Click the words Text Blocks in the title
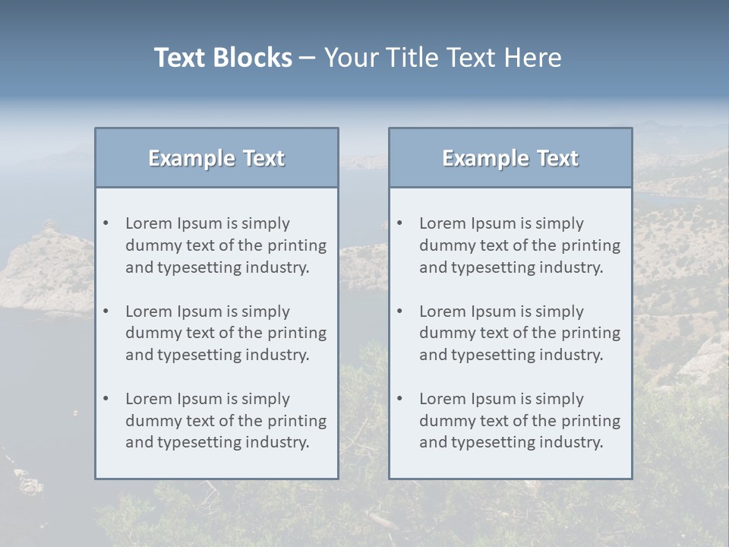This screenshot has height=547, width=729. [222, 58]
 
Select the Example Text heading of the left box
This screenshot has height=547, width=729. [216, 158]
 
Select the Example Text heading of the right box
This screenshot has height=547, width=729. [510, 158]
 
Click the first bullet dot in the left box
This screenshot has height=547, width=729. [106, 223]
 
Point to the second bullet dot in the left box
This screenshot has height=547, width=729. [106, 311]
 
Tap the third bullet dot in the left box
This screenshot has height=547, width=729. [106, 399]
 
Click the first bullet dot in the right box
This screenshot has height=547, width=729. [400, 223]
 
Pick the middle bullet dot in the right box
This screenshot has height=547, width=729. [400, 311]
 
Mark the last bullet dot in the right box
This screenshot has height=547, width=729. [400, 399]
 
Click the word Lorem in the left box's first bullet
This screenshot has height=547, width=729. [149, 223]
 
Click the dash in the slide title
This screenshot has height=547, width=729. [308, 58]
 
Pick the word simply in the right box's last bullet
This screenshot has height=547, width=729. [560, 399]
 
